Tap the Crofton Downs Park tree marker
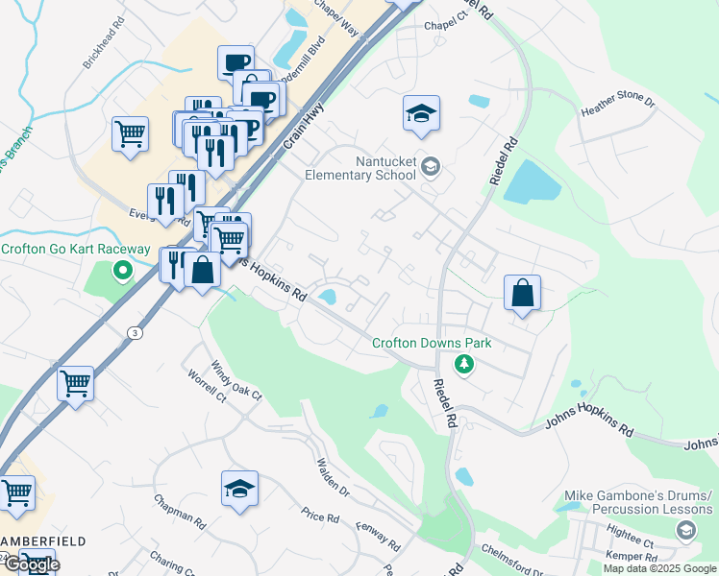[x=464, y=364]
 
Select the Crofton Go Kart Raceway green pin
[x=122, y=270]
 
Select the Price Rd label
[x=320, y=516]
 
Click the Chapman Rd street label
[x=180, y=511]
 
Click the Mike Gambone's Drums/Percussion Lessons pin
[x=685, y=530]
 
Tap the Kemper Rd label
[x=631, y=557]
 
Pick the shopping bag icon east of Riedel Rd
[x=522, y=292]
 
